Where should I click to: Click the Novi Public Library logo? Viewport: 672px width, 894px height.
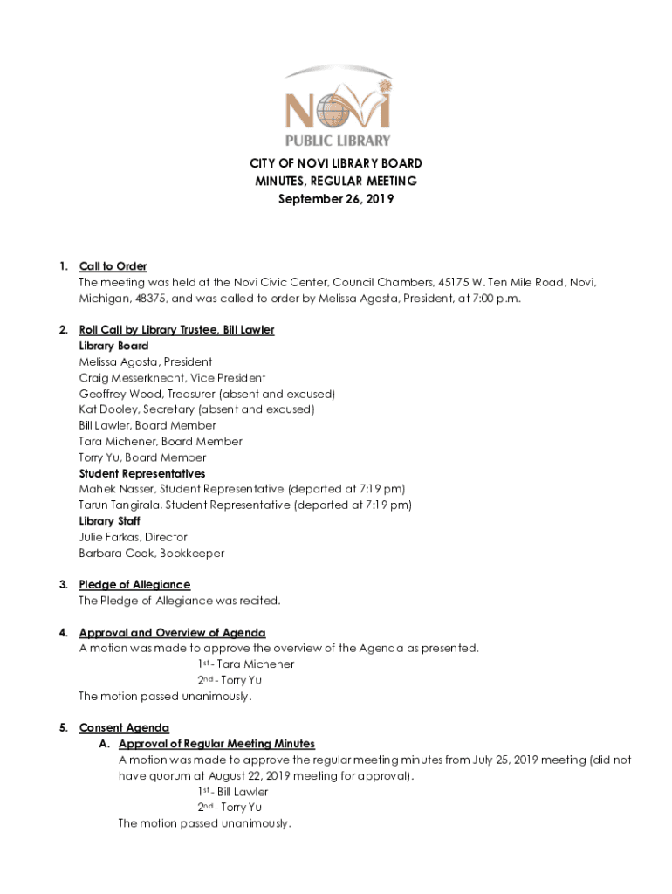[336, 106]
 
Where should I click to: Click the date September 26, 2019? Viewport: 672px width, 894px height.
[336, 199]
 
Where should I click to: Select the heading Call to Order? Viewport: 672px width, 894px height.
[113, 266]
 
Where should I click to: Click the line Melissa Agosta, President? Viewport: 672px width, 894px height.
[145, 361]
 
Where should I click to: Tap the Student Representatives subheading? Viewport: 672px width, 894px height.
[142, 473]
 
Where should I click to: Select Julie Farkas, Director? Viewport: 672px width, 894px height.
[133, 537]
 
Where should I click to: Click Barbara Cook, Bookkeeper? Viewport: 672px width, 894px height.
[151, 553]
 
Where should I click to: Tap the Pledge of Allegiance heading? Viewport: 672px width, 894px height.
[134, 584]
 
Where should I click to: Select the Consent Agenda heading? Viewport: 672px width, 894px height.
[124, 727]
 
